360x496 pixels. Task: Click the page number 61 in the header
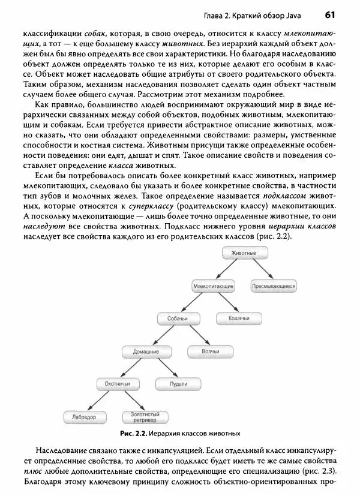pos(329,15)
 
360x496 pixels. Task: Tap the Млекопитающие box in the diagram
pos(213,287)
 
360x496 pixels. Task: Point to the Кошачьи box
pos(238,318)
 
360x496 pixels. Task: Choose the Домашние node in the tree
pos(146,351)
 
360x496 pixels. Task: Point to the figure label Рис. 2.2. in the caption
pos(134,433)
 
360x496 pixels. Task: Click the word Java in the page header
pos(295,16)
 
